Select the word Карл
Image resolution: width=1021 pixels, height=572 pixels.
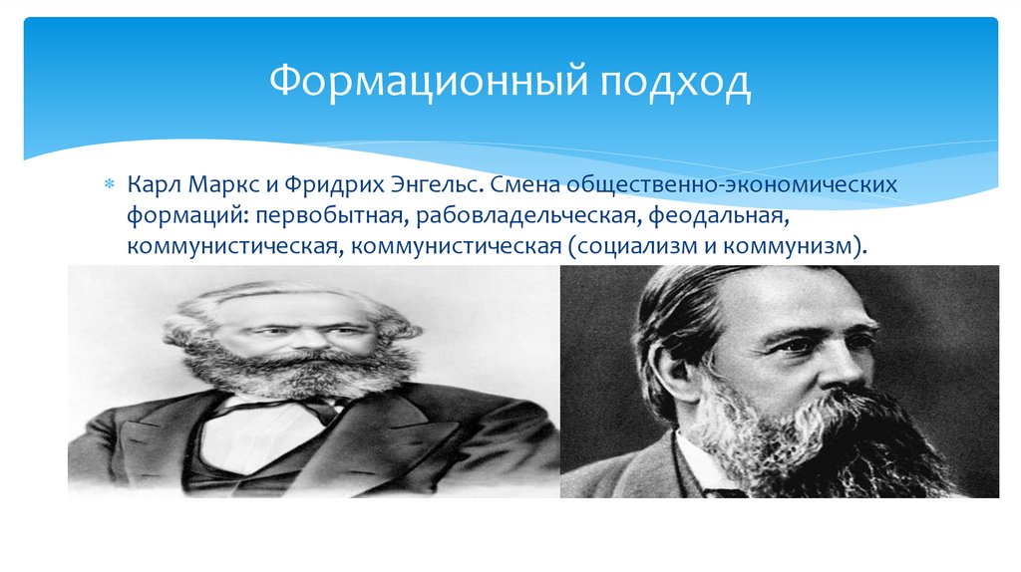[x=150, y=186]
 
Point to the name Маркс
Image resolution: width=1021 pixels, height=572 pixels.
[x=217, y=186]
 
